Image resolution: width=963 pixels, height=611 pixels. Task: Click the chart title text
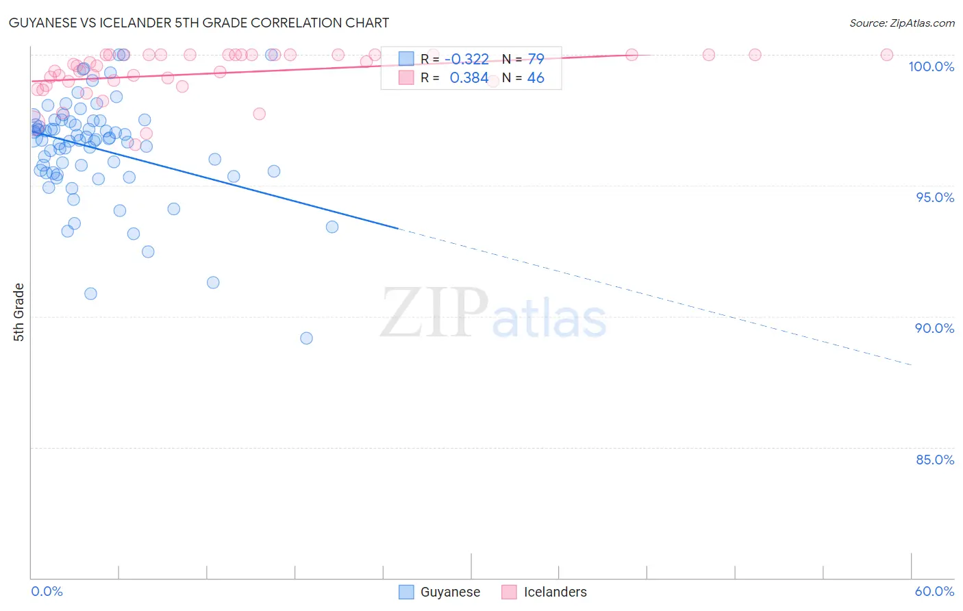tap(199, 23)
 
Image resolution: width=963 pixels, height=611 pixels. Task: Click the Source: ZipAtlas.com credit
tap(901, 23)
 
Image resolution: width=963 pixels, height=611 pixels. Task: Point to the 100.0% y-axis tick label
tap(931, 66)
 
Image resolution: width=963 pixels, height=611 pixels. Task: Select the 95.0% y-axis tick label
tap(935, 197)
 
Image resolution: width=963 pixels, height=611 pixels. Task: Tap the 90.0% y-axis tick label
tap(934, 328)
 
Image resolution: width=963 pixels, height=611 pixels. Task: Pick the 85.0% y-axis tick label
tap(935, 460)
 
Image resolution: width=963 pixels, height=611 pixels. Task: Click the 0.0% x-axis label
tap(47, 591)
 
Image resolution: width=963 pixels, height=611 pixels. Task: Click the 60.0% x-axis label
tap(934, 591)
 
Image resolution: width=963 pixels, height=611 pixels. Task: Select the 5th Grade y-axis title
tap(18, 312)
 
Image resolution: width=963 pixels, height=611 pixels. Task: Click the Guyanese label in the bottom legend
tap(450, 592)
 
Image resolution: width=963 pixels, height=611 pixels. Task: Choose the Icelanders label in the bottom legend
tap(555, 592)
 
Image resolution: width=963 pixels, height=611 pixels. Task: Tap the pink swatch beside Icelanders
tap(509, 592)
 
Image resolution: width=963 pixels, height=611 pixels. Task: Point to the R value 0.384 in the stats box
tap(469, 78)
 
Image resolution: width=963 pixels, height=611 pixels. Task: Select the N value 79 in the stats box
tap(536, 59)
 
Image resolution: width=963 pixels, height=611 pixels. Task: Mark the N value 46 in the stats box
tap(536, 78)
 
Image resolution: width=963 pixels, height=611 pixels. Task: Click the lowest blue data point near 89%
tap(306, 338)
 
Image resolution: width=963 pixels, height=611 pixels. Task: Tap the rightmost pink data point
tap(886, 55)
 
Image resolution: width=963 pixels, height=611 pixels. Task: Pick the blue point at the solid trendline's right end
tap(332, 227)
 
